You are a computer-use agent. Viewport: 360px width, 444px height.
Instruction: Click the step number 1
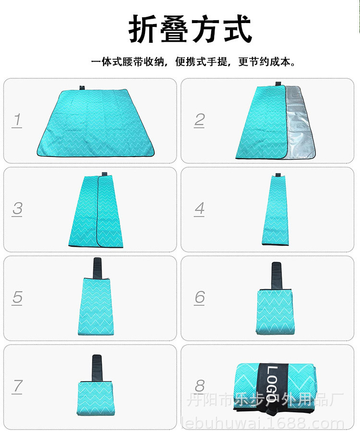point(17,120)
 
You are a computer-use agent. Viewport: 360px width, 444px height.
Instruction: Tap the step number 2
point(200,120)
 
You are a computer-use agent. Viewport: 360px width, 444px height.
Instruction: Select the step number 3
point(17,209)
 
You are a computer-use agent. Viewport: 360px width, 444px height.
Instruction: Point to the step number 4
point(200,209)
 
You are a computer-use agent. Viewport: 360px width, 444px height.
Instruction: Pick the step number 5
point(17,297)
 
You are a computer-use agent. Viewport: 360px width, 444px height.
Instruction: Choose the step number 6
point(200,297)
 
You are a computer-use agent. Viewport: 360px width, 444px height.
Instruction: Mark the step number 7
point(17,386)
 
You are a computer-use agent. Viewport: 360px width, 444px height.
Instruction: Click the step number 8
point(200,386)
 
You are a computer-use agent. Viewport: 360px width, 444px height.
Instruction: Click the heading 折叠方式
point(190,30)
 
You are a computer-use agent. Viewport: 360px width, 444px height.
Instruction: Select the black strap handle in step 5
point(97,269)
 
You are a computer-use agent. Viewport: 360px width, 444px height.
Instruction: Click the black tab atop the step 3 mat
point(104,173)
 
